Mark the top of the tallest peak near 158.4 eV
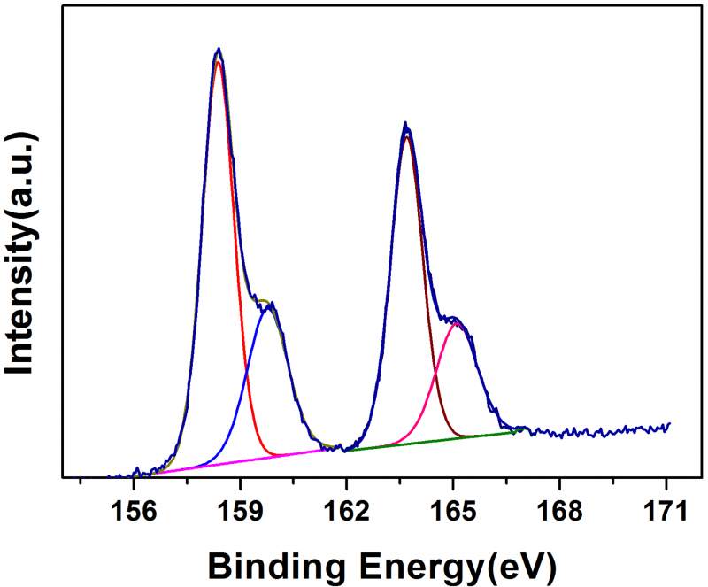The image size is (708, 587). click(x=219, y=49)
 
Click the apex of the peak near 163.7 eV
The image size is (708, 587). click(x=405, y=124)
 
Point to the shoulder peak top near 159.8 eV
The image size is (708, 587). click(x=268, y=304)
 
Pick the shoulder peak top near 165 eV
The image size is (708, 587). click(x=453, y=317)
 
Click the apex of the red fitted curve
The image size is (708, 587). click(x=218, y=61)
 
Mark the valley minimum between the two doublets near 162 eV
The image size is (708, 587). click(x=340, y=449)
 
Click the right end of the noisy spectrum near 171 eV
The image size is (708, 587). click(x=669, y=425)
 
